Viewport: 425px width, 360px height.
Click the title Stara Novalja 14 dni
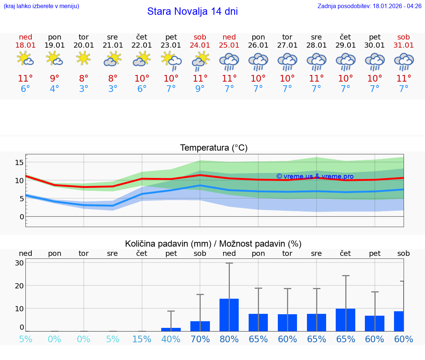pyautogui.click(x=192, y=11)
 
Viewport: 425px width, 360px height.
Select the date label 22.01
pyautogui.click(x=142, y=45)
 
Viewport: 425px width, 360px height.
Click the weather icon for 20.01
pyautogui.click(x=84, y=58)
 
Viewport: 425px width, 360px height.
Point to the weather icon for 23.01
pyautogui.click(x=171, y=60)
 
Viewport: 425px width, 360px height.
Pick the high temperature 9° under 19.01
pyautogui.click(x=55, y=79)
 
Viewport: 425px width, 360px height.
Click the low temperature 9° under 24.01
pyautogui.click(x=200, y=89)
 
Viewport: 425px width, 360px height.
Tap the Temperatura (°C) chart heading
pyautogui.click(x=214, y=148)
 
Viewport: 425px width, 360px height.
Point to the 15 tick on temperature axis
pyautogui.click(x=19, y=162)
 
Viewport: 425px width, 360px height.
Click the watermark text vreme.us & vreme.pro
pyautogui.click(x=315, y=176)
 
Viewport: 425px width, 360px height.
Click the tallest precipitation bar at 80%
pyautogui.click(x=229, y=315)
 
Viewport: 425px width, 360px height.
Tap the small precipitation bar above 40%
pyautogui.click(x=171, y=329)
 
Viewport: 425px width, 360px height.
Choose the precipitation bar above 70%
pyautogui.click(x=200, y=326)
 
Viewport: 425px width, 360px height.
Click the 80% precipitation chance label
pyautogui.click(x=229, y=339)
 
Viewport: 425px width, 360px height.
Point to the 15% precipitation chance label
pyautogui.click(x=142, y=339)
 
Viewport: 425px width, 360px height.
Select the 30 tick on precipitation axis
pyautogui.click(x=20, y=263)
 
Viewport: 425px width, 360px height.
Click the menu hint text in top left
pyautogui.click(x=41, y=6)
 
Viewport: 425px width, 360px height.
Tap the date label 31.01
pyautogui.click(x=404, y=45)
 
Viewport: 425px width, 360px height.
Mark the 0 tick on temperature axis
pyautogui.click(x=21, y=217)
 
